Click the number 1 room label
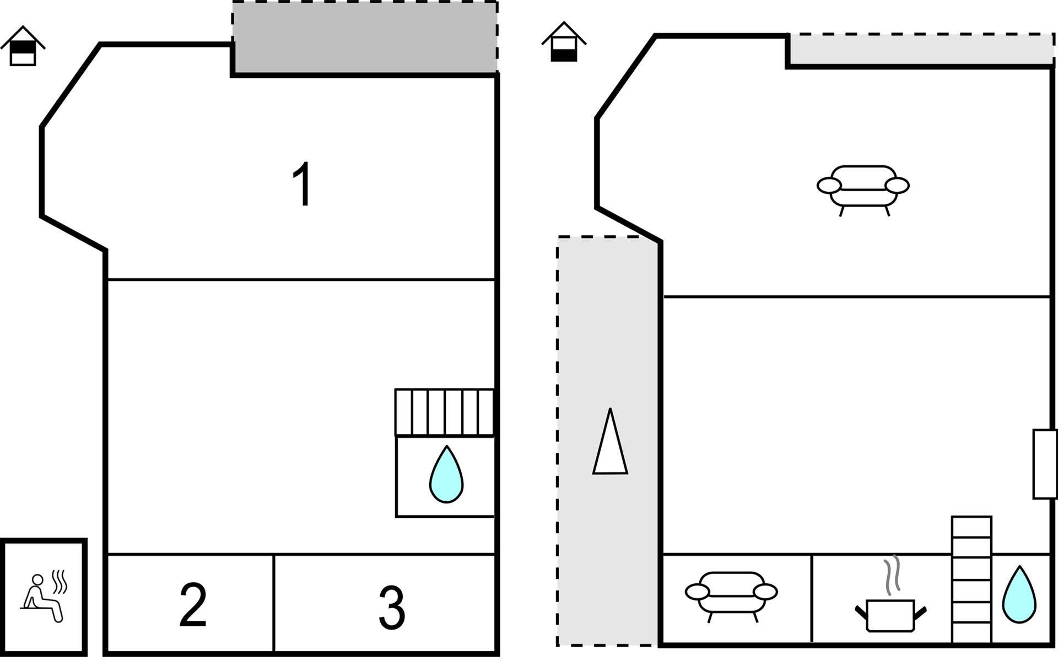302,185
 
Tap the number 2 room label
193,605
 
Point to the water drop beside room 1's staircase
446,474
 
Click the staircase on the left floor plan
444,413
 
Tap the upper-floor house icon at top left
23,46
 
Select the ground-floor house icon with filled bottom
564,42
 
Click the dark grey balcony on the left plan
365,37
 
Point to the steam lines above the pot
892,576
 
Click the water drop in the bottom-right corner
1019,595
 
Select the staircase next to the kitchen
971,579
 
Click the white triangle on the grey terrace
610,441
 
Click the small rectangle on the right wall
1045,464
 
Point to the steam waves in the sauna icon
60,582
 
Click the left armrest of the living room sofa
829,186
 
